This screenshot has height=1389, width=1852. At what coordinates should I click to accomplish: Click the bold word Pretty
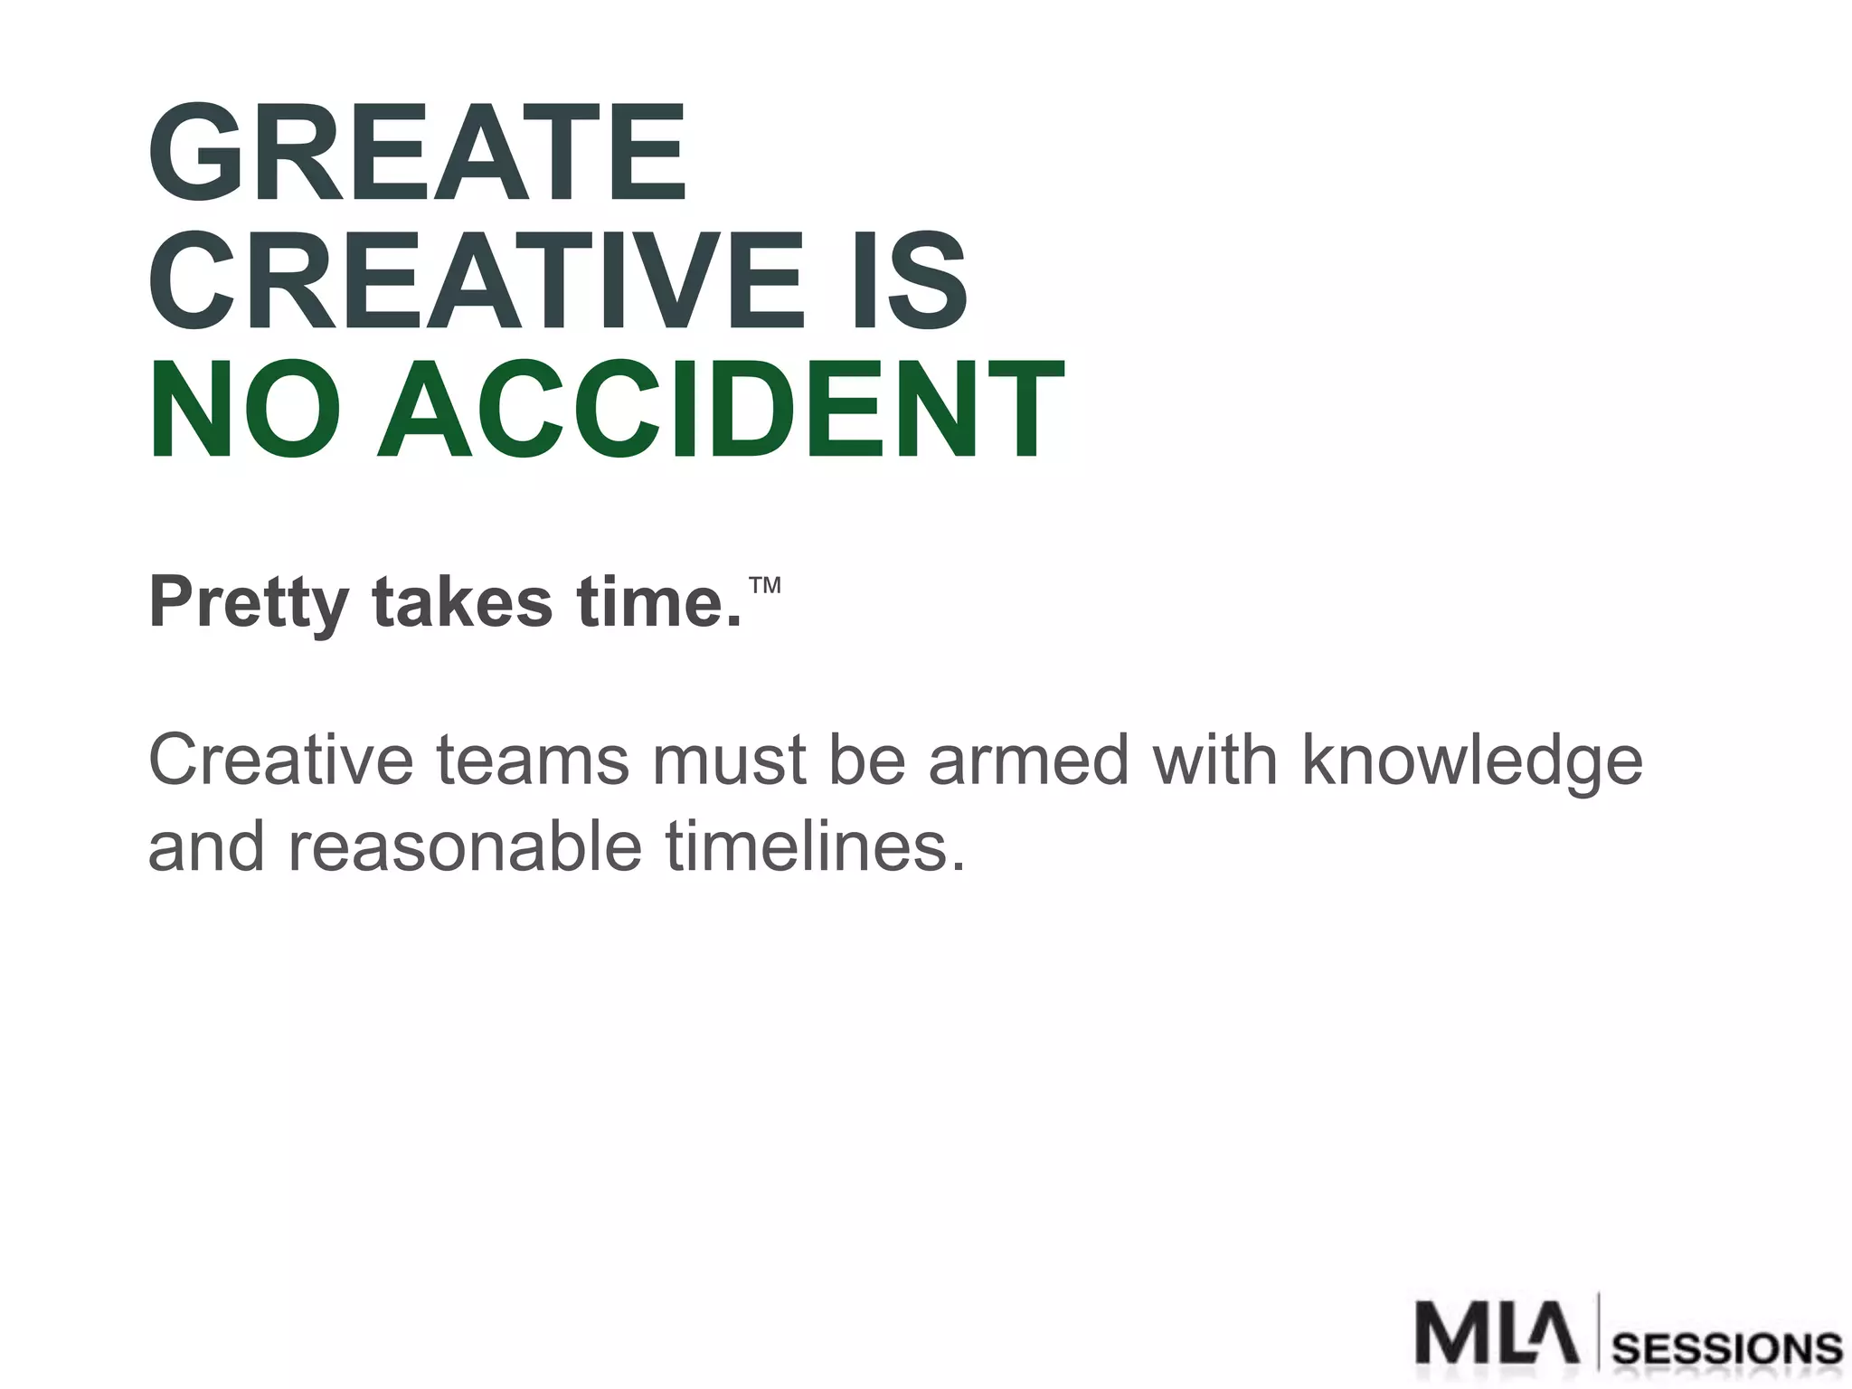(x=249, y=603)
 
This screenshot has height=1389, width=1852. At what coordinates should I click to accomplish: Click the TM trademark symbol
(x=765, y=584)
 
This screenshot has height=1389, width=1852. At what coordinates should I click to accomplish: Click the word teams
(x=533, y=761)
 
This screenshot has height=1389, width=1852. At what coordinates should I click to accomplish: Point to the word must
(x=729, y=761)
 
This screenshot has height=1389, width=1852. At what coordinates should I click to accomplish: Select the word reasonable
(x=465, y=846)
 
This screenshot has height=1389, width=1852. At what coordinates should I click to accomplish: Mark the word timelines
(x=815, y=846)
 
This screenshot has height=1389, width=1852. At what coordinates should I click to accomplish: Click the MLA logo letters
(x=1497, y=1333)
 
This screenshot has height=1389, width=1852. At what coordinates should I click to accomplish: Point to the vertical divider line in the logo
(x=1599, y=1331)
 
